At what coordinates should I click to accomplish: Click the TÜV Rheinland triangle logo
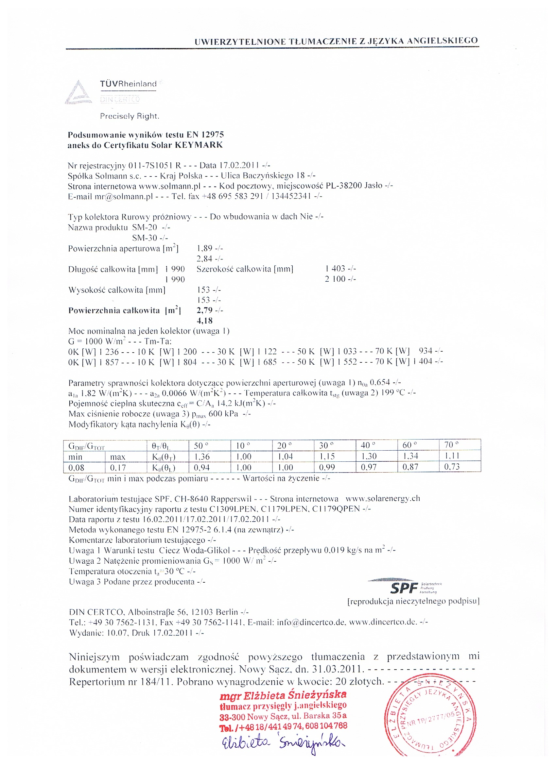pyautogui.click(x=78, y=92)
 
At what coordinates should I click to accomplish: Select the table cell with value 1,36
pyautogui.click(x=201, y=457)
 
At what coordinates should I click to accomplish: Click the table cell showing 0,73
pyautogui.click(x=452, y=467)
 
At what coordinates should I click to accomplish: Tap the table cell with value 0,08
pyautogui.click(x=77, y=468)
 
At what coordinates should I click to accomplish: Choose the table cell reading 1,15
pyautogui.click(x=327, y=457)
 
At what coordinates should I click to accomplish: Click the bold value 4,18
pyautogui.click(x=205, y=321)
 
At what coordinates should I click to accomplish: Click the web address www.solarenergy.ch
pyautogui.click(x=383, y=498)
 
